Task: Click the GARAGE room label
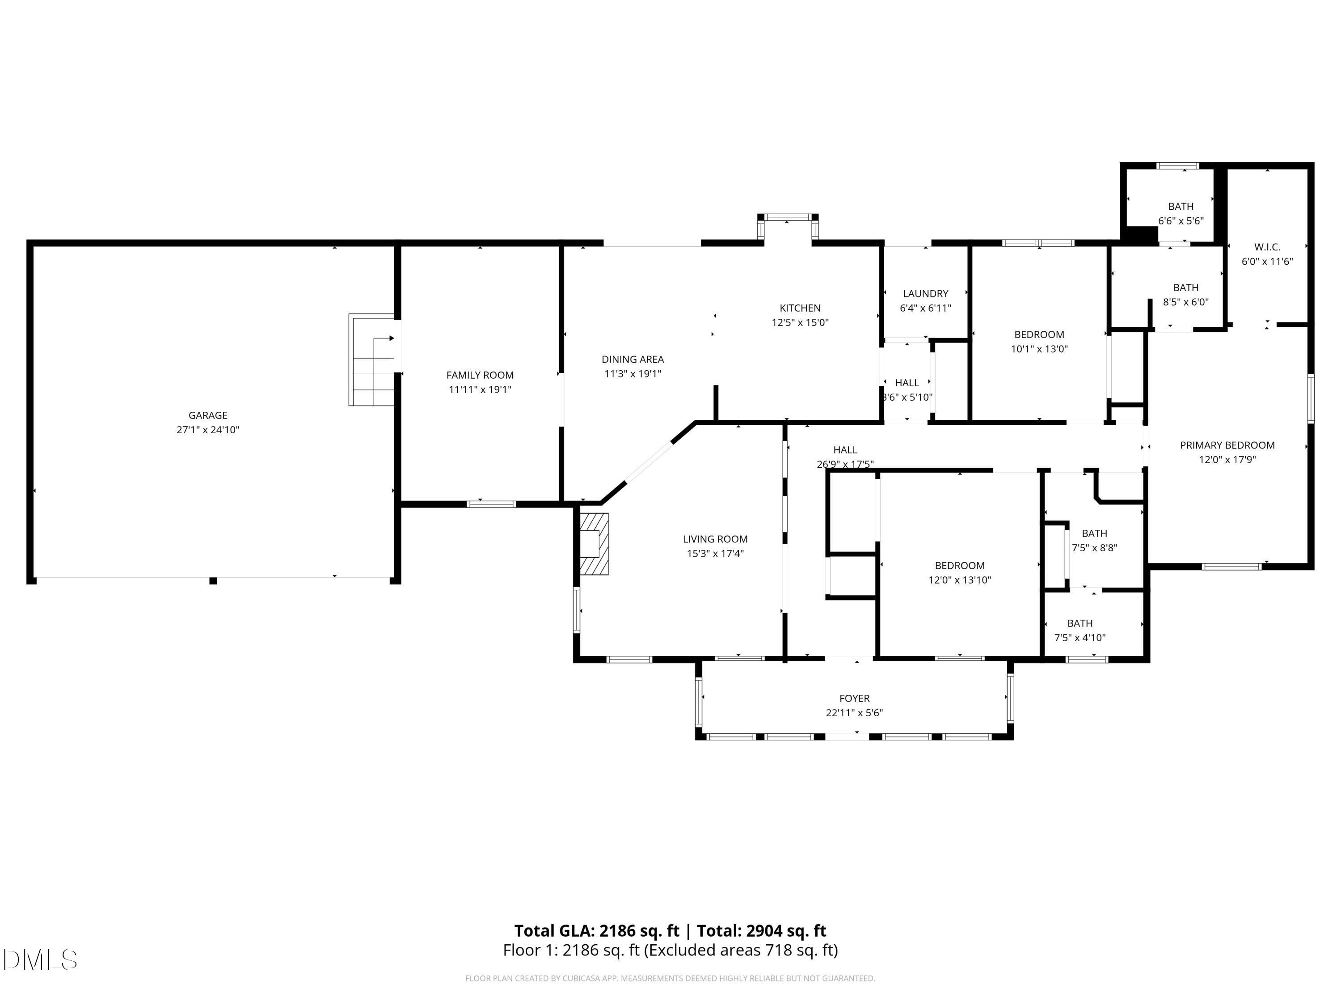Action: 208,415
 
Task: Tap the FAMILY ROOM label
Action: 480,376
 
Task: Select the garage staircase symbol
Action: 371,359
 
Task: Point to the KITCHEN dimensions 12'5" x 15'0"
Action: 800,323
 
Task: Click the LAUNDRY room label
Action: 926,293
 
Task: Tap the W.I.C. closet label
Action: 1267,247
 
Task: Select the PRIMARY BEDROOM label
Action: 1227,445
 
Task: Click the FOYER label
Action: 855,698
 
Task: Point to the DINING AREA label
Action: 633,359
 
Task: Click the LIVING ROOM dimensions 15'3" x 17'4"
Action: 715,554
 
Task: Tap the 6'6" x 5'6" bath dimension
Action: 1181,221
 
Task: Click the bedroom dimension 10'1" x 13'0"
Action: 1039,349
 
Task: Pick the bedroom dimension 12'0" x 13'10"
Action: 960,580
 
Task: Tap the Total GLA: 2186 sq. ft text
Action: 597,931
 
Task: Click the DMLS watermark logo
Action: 40,960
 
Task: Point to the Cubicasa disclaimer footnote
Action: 670,978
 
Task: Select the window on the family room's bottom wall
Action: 492,504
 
